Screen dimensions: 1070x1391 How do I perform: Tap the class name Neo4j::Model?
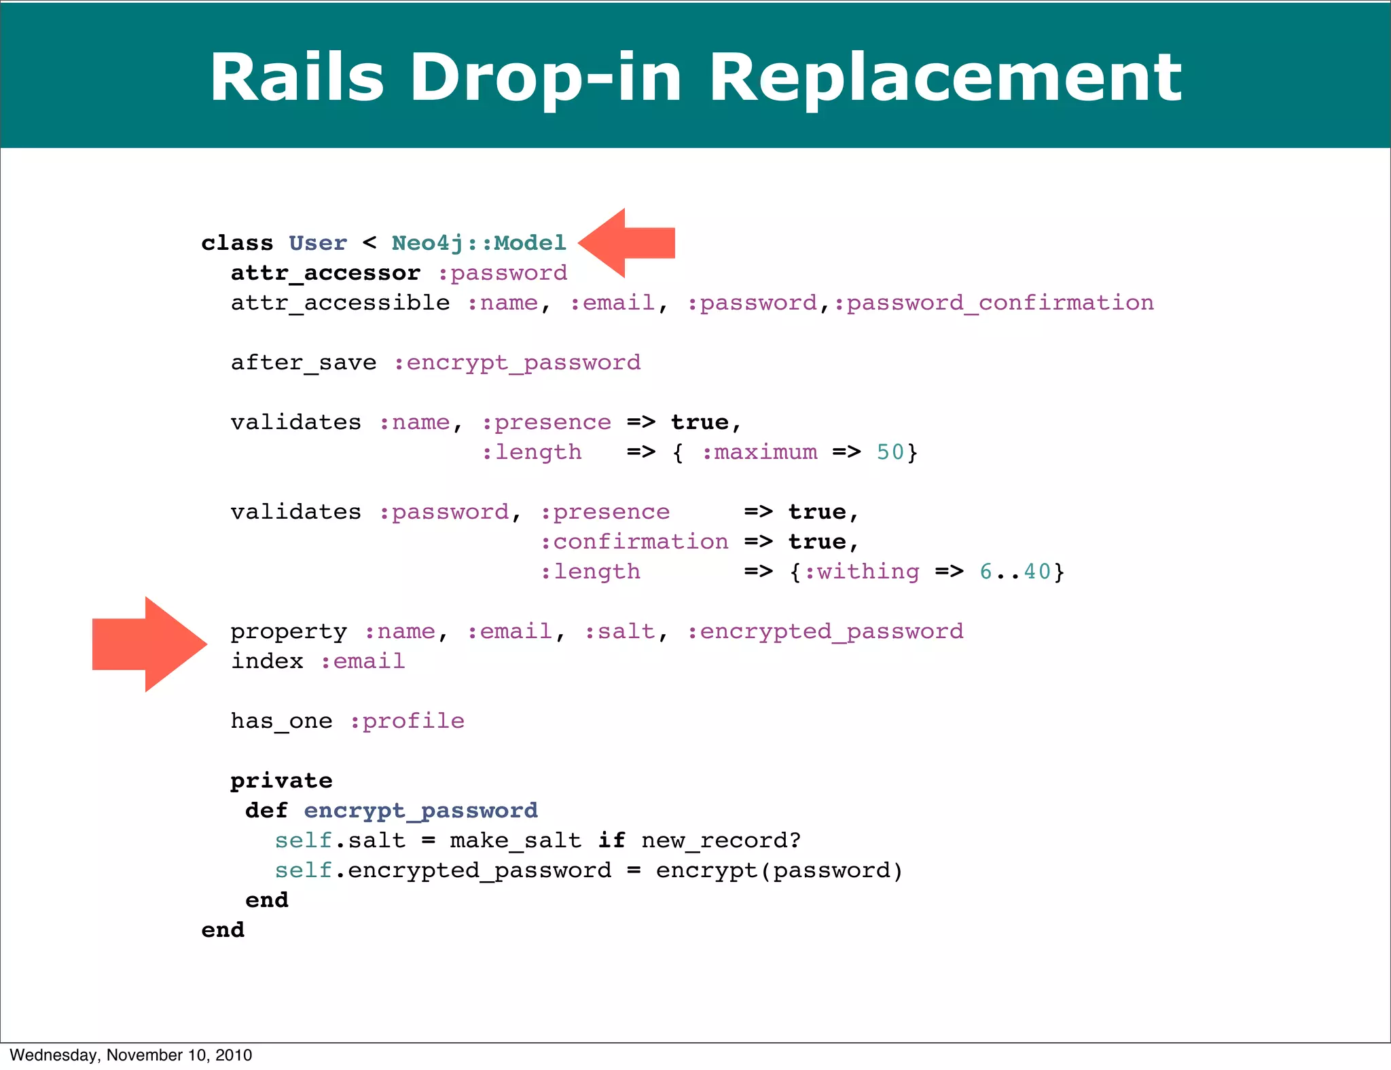tap(479, 243)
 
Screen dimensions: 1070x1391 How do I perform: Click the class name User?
tap(317, 243)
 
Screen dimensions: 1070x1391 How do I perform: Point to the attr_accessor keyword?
tap(325, 273)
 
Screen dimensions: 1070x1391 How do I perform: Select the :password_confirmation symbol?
tap(993, 303)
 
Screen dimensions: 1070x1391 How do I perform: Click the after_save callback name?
tap(303, 363)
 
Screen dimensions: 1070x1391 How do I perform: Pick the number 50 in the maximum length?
tap(890, 452)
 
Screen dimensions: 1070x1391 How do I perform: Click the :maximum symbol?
tap(759, 452)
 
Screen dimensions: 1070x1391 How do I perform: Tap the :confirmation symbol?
tap(634, 542)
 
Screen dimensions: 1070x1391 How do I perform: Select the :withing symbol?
tap(861, 572)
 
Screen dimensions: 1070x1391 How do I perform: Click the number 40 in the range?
tap(1037, 572)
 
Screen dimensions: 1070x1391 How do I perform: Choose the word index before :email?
tap(267, 661)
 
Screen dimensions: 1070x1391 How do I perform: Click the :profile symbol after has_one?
tap(407, 721)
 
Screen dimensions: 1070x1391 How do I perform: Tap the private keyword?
tap(281, 781)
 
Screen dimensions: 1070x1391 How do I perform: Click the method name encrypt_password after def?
tap(420, 811)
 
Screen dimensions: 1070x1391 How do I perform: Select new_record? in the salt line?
tap(721, 841)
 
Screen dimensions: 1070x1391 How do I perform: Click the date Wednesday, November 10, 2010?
tap(131, 1055)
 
